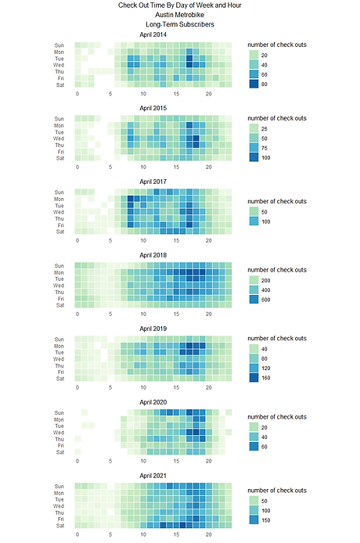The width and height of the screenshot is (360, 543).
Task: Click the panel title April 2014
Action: coord(153,34)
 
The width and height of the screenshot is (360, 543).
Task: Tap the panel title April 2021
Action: coord(153,476)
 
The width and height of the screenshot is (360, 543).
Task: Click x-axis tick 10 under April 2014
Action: coord(143,94)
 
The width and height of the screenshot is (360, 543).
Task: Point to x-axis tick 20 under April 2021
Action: coord(209,535)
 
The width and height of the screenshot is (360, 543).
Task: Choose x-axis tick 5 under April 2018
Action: coord(110,315)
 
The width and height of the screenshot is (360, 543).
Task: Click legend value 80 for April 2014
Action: coord(265,83)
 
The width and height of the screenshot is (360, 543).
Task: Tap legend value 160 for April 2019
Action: coord(267,377)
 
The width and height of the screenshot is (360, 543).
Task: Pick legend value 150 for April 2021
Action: coord(267,520)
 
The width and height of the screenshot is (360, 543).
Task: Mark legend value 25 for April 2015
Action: coord(265,128)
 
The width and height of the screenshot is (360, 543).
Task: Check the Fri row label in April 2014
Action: coord(59,78)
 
